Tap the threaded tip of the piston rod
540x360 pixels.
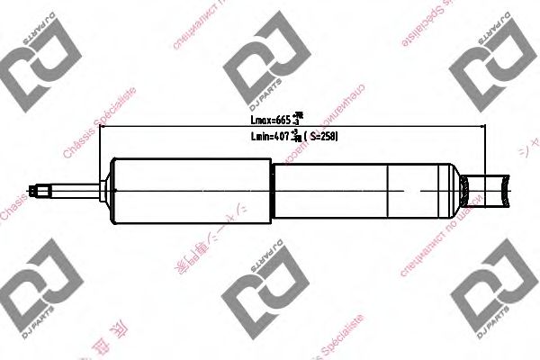[x=40, y=190]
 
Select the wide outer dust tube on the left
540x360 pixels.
[x=189, y=190]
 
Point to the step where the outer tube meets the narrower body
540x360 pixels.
[x=270, y=190]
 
